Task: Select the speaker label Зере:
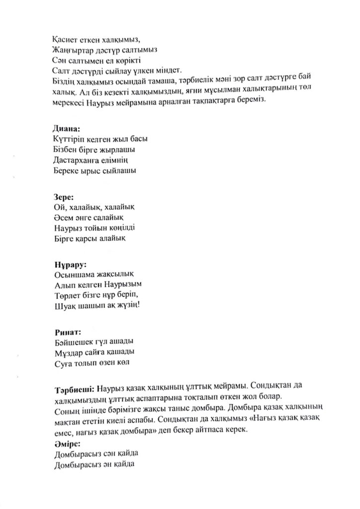click(63, 196)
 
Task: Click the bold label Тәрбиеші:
click(75, 388)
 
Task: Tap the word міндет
click(183, 71)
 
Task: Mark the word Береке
click(65, 170)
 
